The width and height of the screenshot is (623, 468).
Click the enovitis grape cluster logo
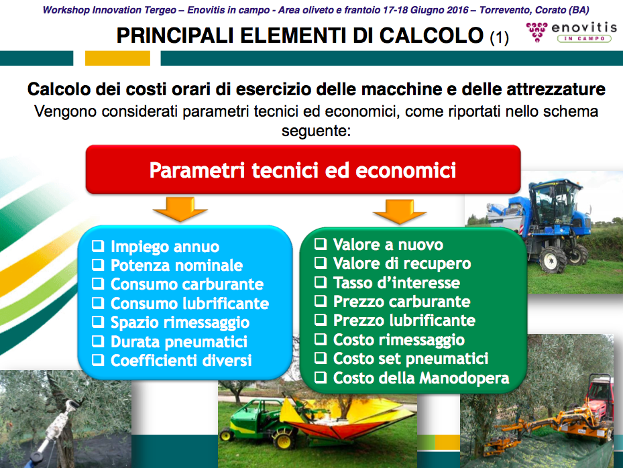click(536, 32)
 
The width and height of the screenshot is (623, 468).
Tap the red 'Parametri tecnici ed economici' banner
click(303, 170)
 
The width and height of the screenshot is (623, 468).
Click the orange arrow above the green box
click(400, 211)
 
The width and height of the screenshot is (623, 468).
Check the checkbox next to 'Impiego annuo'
click(98, 246)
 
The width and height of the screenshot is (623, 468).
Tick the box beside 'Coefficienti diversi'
click(98, 360)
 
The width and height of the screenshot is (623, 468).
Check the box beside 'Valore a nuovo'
click(321, 244)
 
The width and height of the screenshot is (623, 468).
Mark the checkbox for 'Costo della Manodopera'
click(321, 377)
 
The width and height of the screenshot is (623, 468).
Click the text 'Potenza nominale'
click(177, 265)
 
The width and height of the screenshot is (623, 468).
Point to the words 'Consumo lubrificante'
click(190, 303)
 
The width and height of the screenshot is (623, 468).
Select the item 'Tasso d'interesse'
click(396, 282)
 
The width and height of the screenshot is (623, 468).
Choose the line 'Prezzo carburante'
click(402, 301)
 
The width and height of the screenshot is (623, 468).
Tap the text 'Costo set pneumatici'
click(411, 358)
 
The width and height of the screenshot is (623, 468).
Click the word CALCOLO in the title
click(431, 36)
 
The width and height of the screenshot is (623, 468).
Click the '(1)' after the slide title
click(499, 38)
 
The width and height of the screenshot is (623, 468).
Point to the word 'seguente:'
click(317, 130)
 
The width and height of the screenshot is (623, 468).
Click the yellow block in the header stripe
click(117, 58)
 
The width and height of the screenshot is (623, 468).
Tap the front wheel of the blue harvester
click(553, 260)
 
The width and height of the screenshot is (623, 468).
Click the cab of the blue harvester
click(555, 202)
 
